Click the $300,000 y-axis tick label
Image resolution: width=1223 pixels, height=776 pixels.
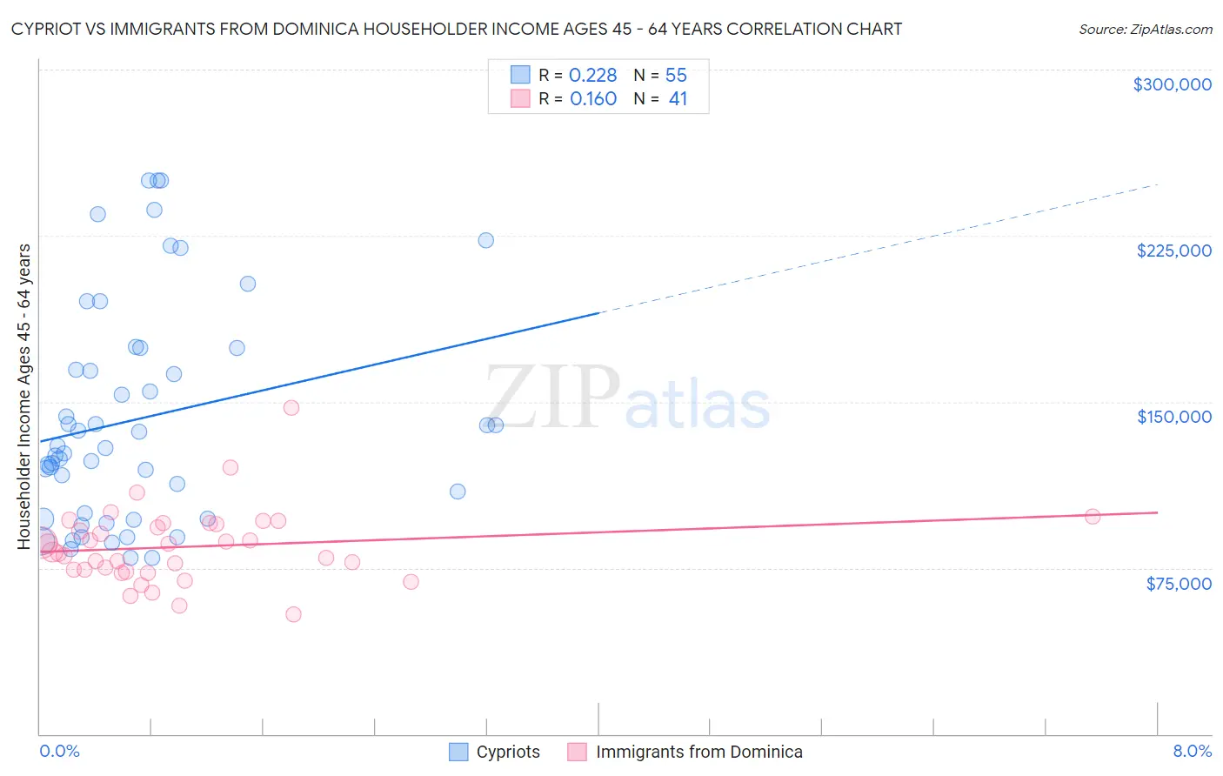[x=1172, y=84]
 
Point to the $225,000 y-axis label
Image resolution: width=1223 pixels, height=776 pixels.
[x=1173, y=251]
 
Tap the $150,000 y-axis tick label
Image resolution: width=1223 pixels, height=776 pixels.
[x=1173, y=417]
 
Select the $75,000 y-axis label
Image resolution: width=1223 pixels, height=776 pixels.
[x=1178, y=584]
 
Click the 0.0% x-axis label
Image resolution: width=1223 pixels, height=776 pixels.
[x=59, y=751]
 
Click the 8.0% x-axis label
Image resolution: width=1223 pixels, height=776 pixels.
[x=1192, y=751]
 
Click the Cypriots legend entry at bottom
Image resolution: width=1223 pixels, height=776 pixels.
[x=508, y=752]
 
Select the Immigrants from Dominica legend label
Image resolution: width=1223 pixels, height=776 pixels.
[x=698, y=752]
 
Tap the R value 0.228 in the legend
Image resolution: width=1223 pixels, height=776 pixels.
[x=592, y=75]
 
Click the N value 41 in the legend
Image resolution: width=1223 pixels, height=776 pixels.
[x=678, y=99]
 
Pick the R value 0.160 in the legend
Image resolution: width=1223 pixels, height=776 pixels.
[x=593, y=99]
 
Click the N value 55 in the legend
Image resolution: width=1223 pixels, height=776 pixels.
[x=676, y=75]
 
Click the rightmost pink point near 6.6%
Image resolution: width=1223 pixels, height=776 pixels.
[x=1093, y=517]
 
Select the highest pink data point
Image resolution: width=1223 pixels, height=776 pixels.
[x=291, y=407]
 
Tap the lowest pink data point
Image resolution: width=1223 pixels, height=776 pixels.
[x=293, y=614]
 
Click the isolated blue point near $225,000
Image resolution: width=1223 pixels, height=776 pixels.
[x=486, y=240]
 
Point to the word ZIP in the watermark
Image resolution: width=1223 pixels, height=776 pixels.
[x=553, y=397]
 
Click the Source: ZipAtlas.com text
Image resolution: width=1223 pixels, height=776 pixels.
[x=1145, y=30]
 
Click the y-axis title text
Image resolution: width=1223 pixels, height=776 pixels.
[x=24, y=397]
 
